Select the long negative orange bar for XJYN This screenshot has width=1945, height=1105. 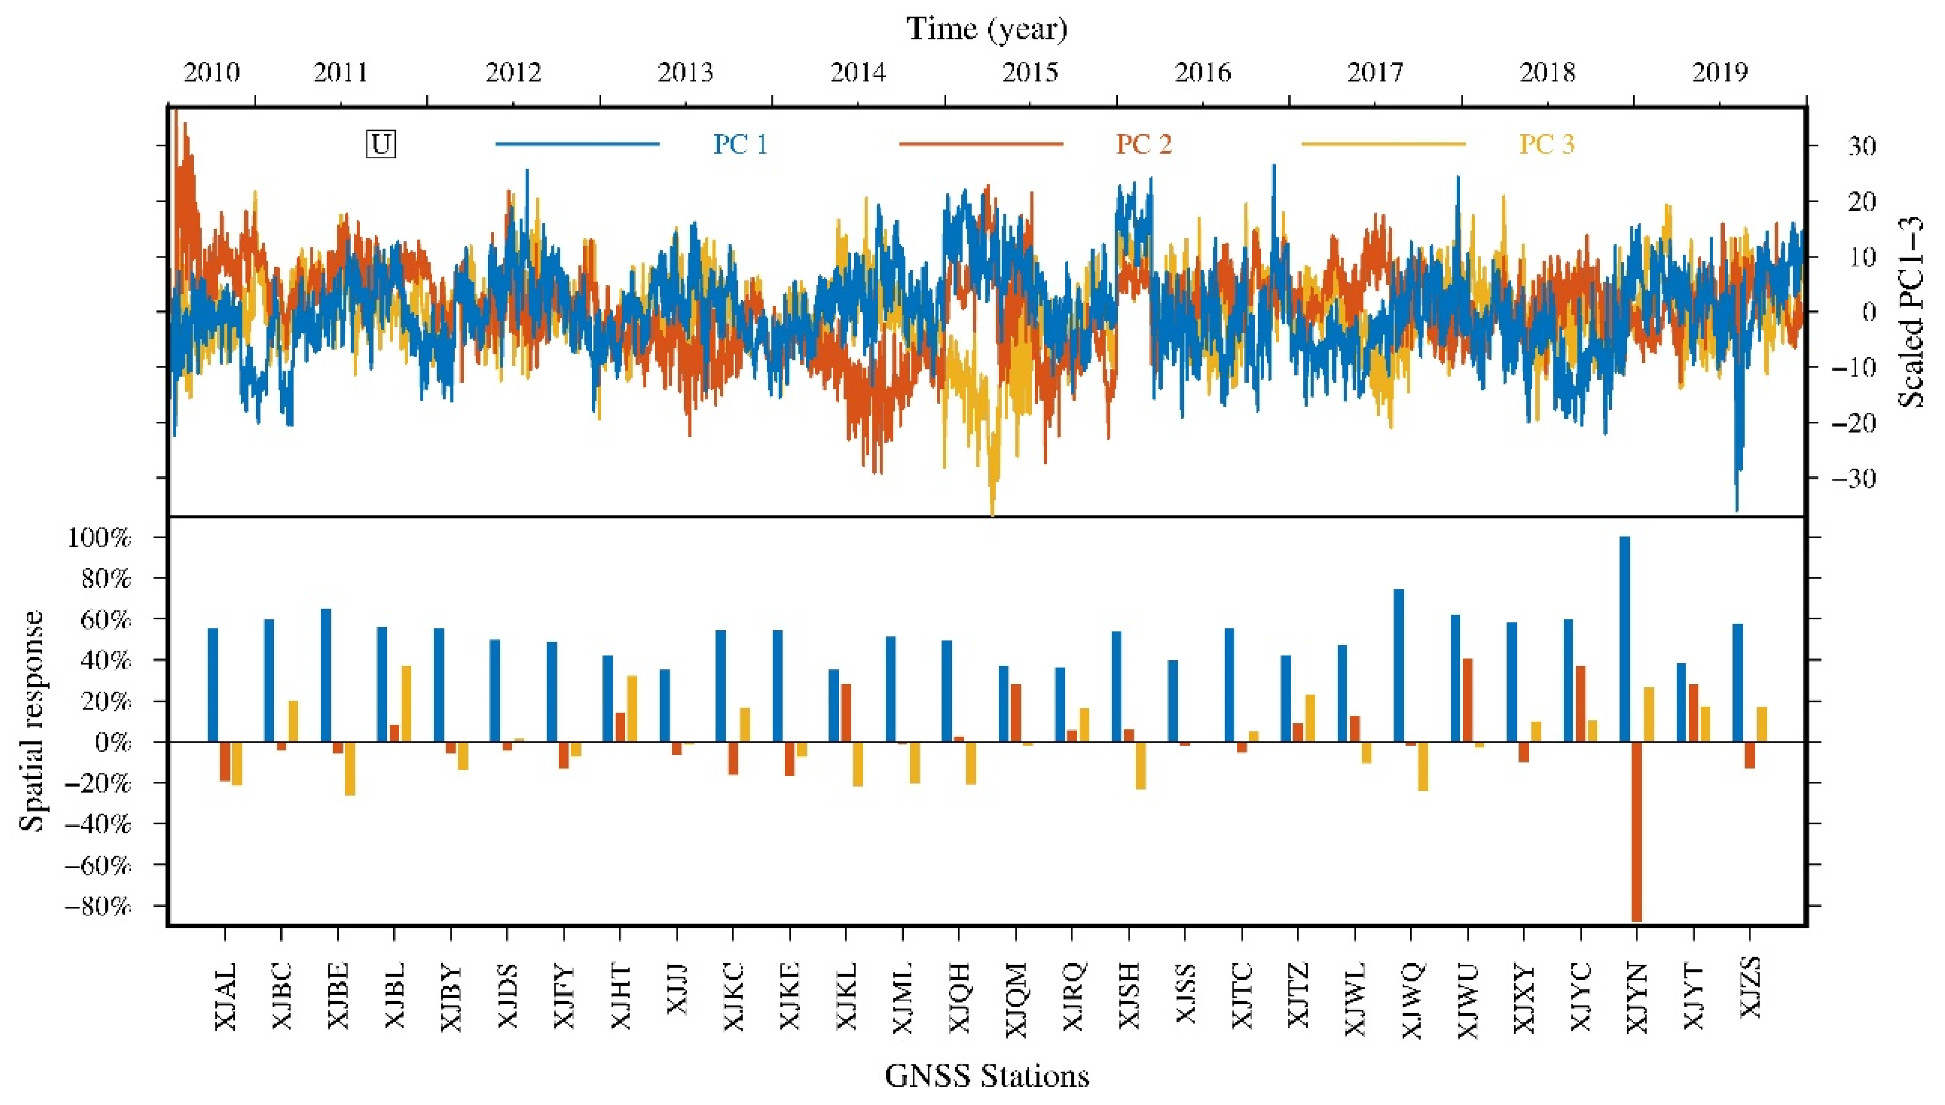pyautogui.click(x=1637, y=831)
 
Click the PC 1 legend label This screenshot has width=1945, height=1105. pyautogui.click(x=740, y=144)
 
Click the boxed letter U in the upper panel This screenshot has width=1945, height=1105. pyautogui.click(x=381, y=144)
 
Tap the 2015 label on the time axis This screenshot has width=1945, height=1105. pyautogui.click(x=1030, y=73)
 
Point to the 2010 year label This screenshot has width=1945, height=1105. pyautogui.click(x=212, y=73)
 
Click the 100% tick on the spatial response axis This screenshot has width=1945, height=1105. pyautogui.click(x=99, y=538)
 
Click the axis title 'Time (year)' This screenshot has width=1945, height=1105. pyautogui.click(x=986, y=29)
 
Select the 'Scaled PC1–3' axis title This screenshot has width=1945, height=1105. pyautogui.click(x=1911, y=311)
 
